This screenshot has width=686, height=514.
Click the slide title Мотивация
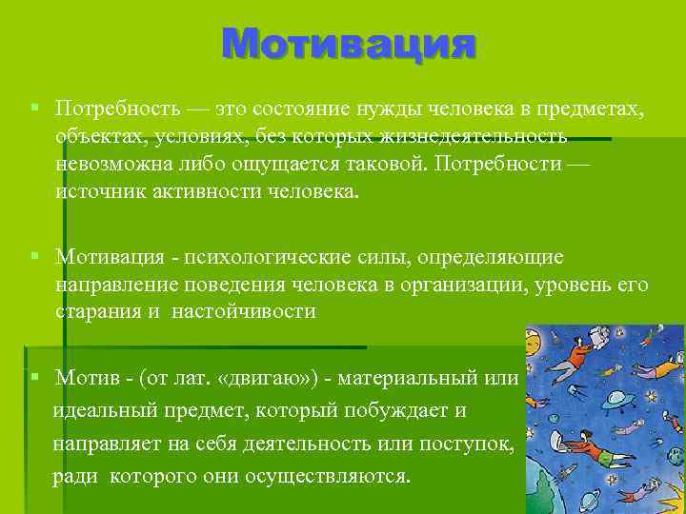[x=348, y=43]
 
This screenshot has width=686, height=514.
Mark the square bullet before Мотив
[x=34, y=377]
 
